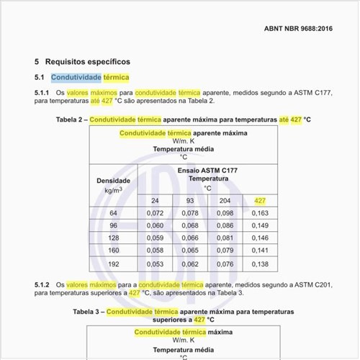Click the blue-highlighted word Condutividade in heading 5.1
(x=76, y=76)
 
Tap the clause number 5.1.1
(x=42, y=93)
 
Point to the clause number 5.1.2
(x=42, y=285)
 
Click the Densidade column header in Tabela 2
(x=113, y=181)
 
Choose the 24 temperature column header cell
(x=155, y=200)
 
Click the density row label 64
(x=113, y=213)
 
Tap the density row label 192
(x=113, y=264)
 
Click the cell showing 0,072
(x=155, y=213)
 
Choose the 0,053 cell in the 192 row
(x=155, y=264)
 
